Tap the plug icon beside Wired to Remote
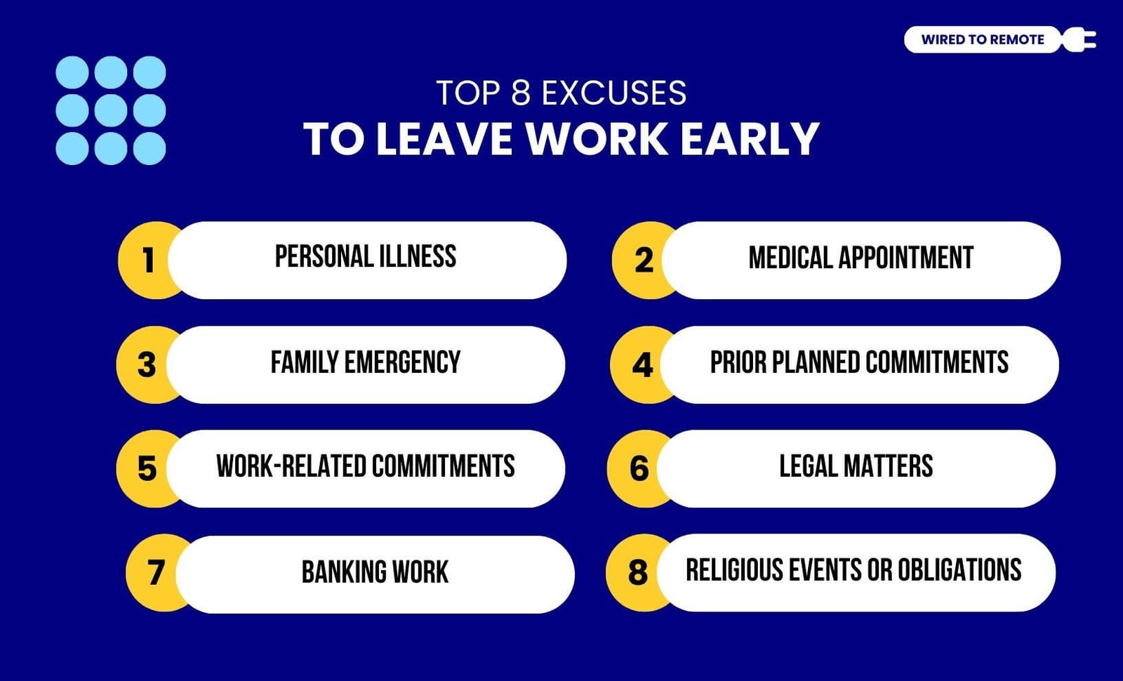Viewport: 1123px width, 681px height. pos(1079,39)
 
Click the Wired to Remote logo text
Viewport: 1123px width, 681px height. pos(983,39)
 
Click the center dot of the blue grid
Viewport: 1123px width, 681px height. pos(111,110)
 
